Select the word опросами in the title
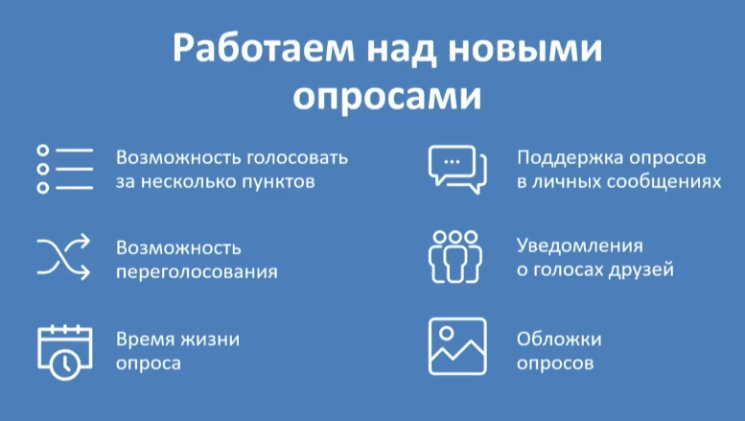[372, 97]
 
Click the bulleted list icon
[64, 169]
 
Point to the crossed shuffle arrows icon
[63, 257]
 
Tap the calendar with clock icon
[63, 349]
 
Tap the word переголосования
[197, 270]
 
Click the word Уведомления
[579, 246]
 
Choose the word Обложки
[559, 339]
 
